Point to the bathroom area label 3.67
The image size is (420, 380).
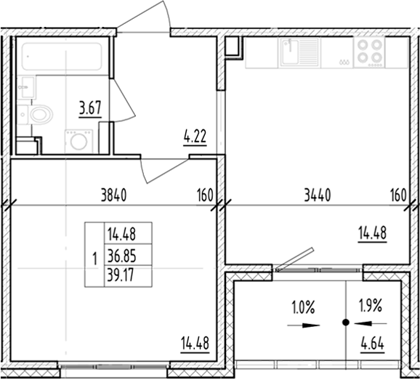pos(89,110)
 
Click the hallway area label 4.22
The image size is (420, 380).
pos(193,135)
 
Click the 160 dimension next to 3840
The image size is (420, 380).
pos(204,195)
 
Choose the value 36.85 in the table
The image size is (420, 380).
pos(120,254)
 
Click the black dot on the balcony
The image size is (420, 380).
pos(345,320)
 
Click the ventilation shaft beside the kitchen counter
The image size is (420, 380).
pos(233,46)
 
